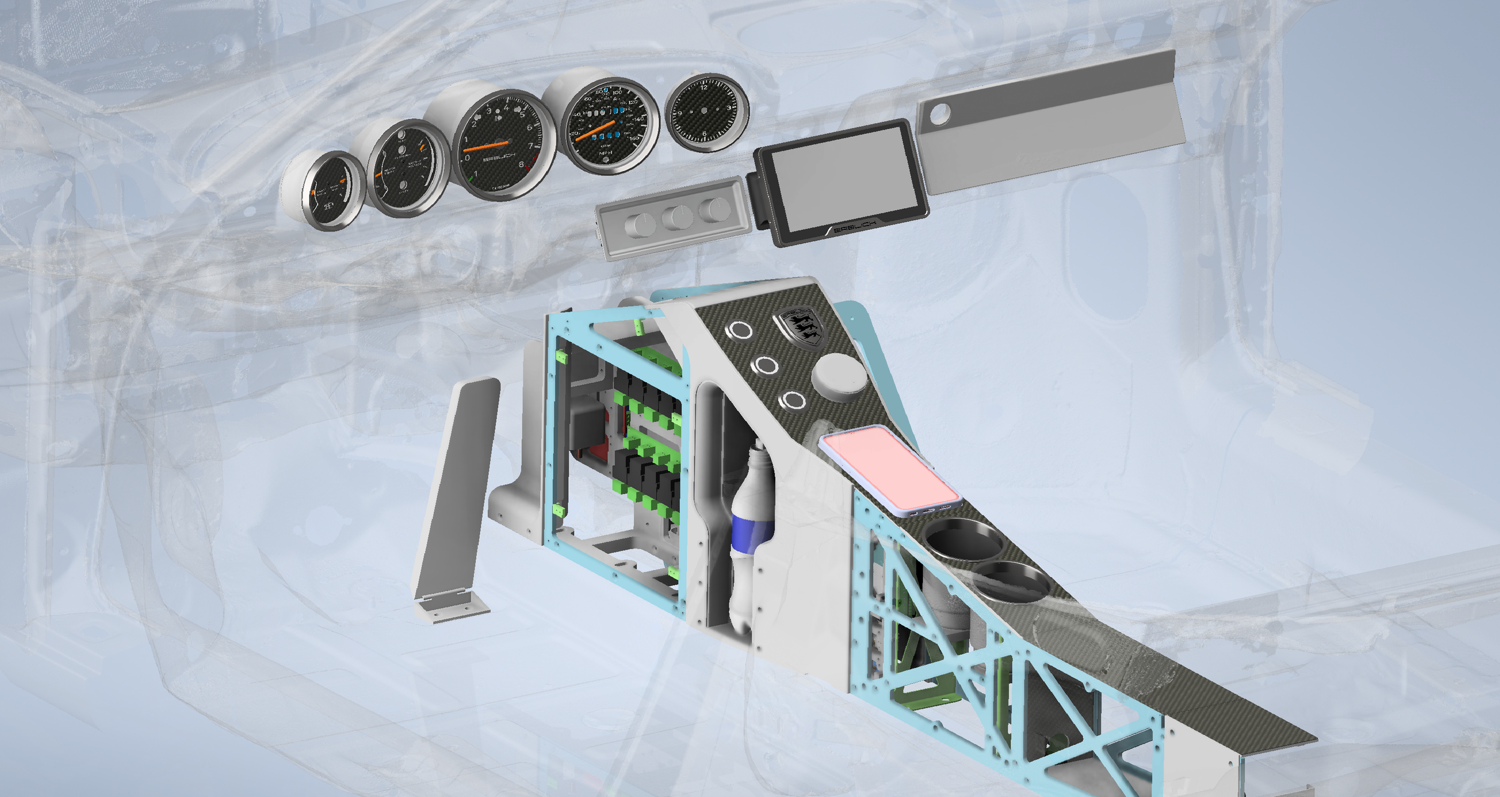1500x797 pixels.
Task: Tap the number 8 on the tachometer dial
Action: click(x=521, y=164)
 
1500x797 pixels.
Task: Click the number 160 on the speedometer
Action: click(x=634, y=139)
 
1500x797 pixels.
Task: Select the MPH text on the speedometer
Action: click(x=605, y=154)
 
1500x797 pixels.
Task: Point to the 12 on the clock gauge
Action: click(x=704, y=88)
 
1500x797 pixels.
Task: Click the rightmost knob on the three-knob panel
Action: click(x=715, y=210)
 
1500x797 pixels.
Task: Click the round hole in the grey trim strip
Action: click(x=940, y=113)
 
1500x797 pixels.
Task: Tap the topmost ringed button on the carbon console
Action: click(x=740, y=329)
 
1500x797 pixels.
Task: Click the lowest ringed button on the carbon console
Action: click(x=794, y=400)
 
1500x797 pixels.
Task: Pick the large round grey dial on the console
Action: click(x=839, y=374)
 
